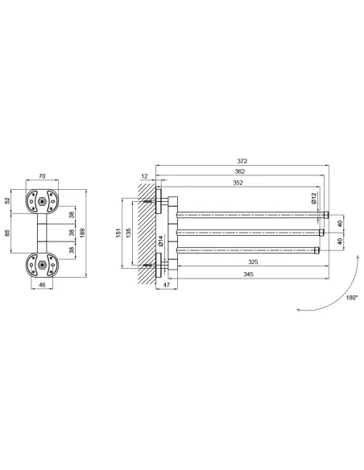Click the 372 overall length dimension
[242, 161]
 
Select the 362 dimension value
[240, 171]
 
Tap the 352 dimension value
[238, 183]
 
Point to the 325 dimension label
[253, 262]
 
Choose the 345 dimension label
[249, 274]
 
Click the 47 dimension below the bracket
[167, 285]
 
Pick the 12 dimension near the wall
[144, 176]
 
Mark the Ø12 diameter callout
[313, 198]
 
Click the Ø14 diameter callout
[161, 241]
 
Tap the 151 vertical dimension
[118, 233]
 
